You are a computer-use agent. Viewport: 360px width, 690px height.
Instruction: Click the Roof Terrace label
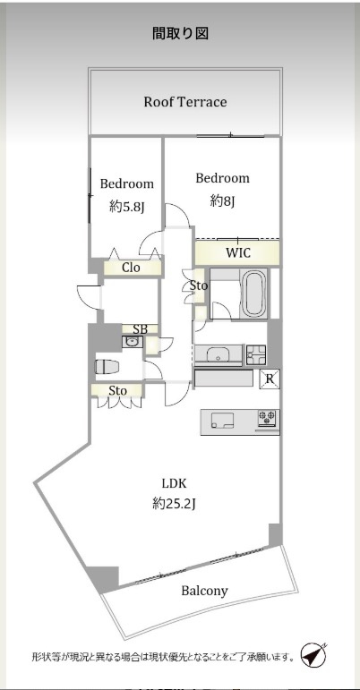coord(185,102)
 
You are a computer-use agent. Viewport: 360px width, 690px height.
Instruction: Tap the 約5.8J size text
coord(127,207)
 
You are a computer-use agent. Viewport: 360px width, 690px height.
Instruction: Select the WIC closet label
coord(238,253)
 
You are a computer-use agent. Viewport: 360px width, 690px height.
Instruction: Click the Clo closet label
coord(131,268)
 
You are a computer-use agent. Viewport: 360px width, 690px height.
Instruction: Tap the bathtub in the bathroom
coord(254,293)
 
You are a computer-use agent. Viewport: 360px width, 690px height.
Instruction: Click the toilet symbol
coord(107,367)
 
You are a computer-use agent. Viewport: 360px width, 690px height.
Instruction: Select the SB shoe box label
coord(140,328)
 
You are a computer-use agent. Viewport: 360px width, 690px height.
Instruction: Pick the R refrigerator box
coord(270,379)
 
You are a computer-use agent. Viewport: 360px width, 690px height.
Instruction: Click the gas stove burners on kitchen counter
coord(268,418)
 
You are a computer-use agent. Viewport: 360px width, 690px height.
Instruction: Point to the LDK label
coord(175,484)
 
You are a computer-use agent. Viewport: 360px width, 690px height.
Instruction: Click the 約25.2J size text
coord(174,504)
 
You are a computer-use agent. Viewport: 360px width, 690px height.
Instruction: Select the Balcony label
coord(205,591)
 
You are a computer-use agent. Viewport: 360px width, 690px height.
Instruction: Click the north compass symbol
coord(314,656)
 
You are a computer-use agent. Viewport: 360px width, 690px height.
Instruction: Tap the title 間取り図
coord(180,33)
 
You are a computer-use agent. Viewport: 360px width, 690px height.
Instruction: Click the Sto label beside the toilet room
coord(118,391)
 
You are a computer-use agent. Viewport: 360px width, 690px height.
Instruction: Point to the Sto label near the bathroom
coord(199,285)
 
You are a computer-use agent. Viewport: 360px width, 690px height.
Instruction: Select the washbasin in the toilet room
coord(130,342)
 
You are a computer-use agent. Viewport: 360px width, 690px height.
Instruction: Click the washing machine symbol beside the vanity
coord(256,355)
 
